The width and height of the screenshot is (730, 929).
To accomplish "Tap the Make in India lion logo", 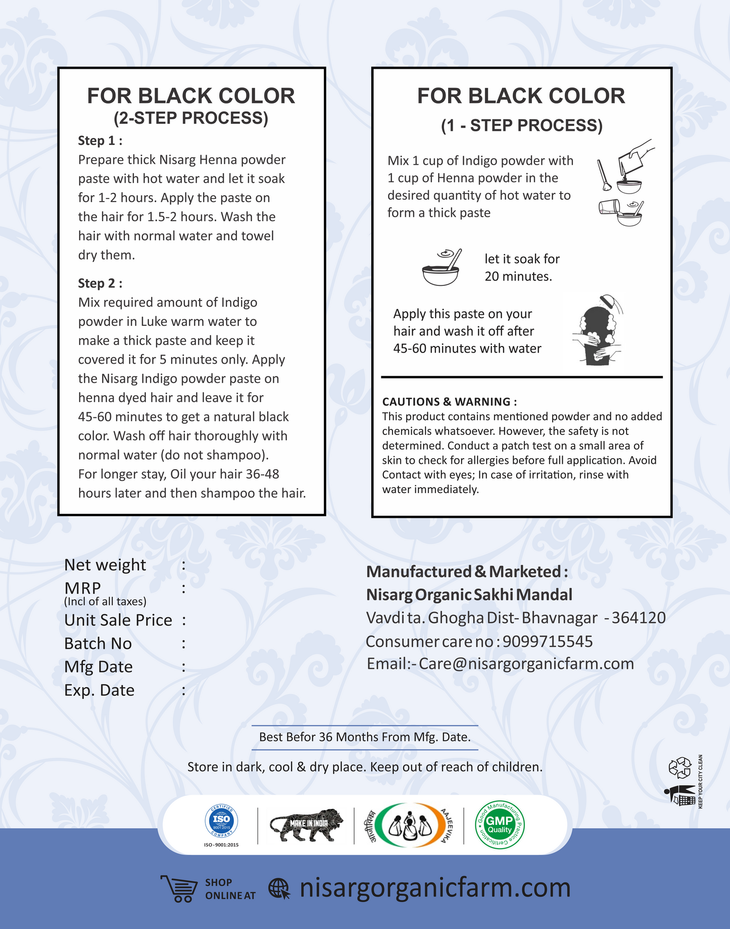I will tap(306, 825).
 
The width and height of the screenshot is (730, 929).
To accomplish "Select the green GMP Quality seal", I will tap(500, 825).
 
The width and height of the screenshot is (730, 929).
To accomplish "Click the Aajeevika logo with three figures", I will tap(409, 825).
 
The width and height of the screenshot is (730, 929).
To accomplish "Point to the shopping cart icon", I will tap(179, 888).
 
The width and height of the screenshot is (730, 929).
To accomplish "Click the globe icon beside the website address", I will tap(279, 889).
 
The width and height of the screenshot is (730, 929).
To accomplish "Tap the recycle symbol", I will tap(679, 767).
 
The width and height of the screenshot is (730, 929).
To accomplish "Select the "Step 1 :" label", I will tap(100, 140).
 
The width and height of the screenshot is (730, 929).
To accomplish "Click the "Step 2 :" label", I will tap(100, 283).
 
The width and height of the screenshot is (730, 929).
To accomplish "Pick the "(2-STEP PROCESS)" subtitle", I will tap(191, 118).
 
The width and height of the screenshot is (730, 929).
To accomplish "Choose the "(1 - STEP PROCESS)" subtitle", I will tap(522, 125).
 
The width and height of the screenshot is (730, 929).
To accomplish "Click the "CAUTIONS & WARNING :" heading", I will tap(449, 402).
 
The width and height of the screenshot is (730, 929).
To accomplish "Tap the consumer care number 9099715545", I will tap(548, 641).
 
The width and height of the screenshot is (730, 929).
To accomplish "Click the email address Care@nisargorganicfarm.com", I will tap(526, 663).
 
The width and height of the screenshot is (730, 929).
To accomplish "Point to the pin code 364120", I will tap(638, 617).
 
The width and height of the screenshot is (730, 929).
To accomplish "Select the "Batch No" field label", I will tap(98, 643).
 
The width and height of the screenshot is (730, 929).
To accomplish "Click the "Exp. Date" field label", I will tap(100, 690).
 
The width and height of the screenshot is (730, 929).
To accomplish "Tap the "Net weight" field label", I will tap(105, 565).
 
